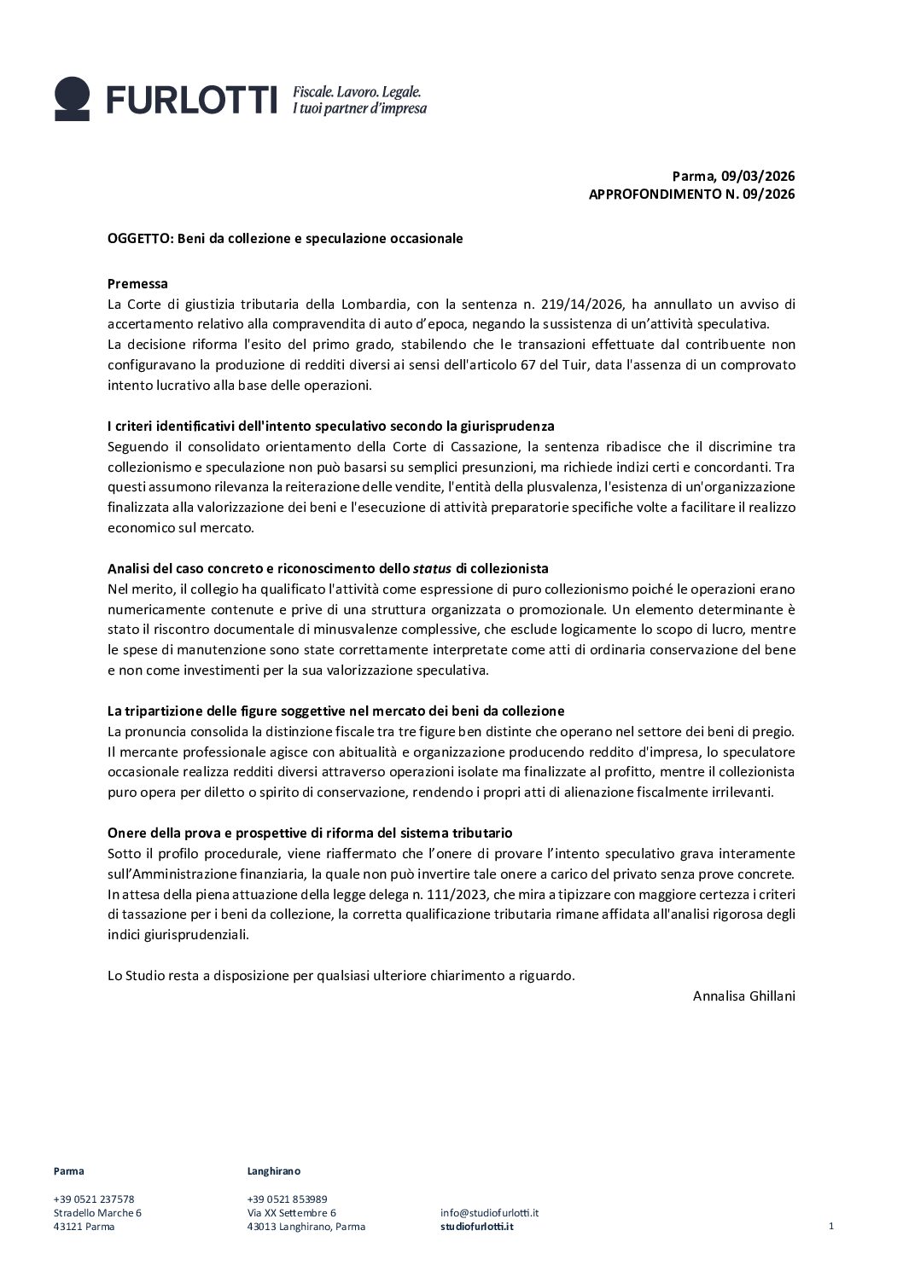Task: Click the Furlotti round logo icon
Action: pos(72,98)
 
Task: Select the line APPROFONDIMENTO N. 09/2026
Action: pos(691,194)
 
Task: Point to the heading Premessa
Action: pos(137,284)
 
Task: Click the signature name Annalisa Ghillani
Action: pos(743,995)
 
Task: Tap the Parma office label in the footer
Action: pos(68,1171)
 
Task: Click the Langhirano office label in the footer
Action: pos(273,1171)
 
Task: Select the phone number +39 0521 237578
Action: pos(94,1199)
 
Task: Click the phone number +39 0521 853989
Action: pos(287,1199)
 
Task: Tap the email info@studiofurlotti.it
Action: pos(489,1212)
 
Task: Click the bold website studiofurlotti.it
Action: pos(477,1227)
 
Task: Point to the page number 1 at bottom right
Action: pos(830,1226)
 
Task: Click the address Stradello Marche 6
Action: pos(97,1212)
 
